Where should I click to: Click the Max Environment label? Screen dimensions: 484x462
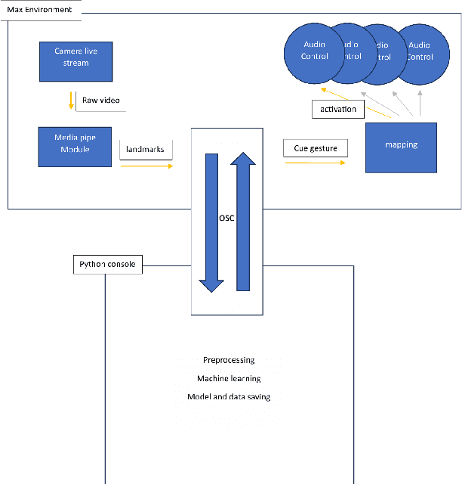coord(40,9)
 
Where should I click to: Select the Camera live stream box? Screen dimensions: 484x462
coord(76,61)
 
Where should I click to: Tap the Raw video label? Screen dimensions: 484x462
coord(100,100)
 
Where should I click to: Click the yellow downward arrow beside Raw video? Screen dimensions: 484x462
coord(71,100)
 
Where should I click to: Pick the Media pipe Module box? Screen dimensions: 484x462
coord(75,147)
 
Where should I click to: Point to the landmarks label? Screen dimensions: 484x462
coord(146,150)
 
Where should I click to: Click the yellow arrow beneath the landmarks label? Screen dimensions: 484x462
coord(146,165)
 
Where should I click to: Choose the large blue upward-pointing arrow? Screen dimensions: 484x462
coord(243,219)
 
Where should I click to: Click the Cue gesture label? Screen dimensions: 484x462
coord(316,148)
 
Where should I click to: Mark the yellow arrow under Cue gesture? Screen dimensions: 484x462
coord(315,162)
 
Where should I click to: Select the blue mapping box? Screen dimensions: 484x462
coord(401,144)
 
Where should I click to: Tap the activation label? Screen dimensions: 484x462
coord(339,110)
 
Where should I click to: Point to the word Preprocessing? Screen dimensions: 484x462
coord(229,360)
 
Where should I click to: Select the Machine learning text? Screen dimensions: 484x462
coord(229,378)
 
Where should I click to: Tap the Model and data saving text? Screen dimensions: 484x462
coord(229,396)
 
